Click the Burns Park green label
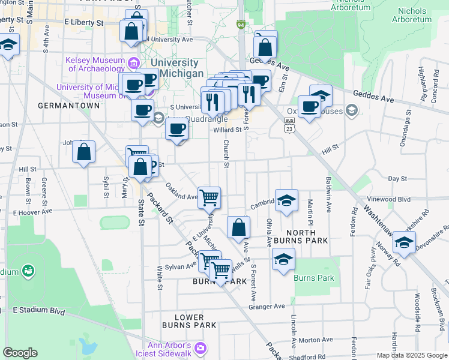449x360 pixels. pyautogui.click(x=313, y=278)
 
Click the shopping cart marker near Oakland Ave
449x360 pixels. pyautogui.click(x=209, y=197)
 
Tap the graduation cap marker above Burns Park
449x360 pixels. pyautogui.click(x=283, y=259)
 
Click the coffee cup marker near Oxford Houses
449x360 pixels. pyautogui.click(x=309, y=107)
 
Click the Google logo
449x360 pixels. pyautogui.click(x=20, y=353)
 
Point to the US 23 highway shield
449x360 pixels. pyautogui.click(x=290, y=124)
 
